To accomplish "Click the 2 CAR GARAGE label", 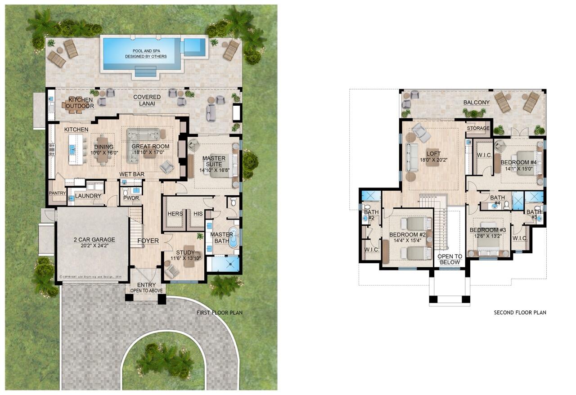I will click(x=94, y=239).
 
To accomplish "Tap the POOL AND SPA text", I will click(x=146, y=50).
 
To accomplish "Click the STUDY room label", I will click(x=185, y=252).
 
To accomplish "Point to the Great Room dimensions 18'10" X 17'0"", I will click(x=150, y=153).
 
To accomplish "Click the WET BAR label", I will click(x=131, y=174).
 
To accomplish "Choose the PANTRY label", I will click(x=58, y=193).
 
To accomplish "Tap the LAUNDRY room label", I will click(x=88, y=196).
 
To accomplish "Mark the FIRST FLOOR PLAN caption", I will click(x=220, y=312).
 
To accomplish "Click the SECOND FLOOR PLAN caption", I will click(x=520, y=312).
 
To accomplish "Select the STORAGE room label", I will click(x=477, y=128).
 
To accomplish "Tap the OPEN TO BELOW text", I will click(x=450, y=259).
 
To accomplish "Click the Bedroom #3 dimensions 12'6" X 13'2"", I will click(x=485, y=236).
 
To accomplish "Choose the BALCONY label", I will click(x=477, y=103).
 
